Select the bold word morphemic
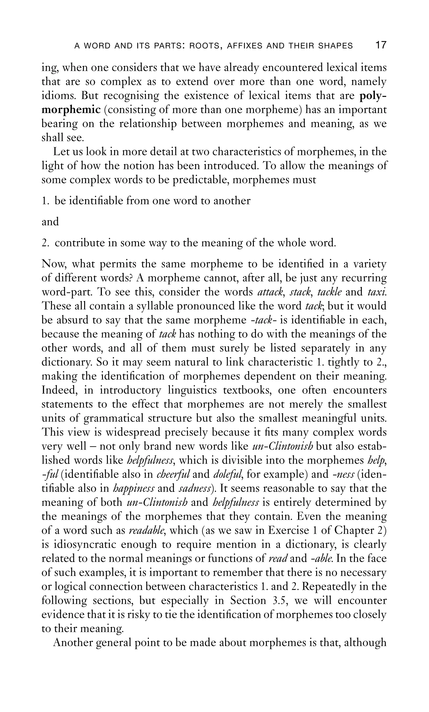tap(71, 110)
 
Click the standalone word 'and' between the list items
tap(50, 222)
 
